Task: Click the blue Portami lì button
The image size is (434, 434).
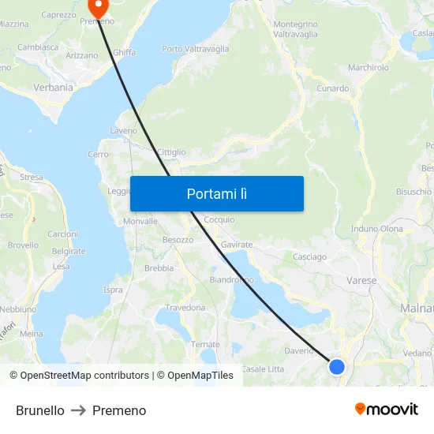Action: (216, 193)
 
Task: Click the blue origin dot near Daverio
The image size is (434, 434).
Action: (337, 366)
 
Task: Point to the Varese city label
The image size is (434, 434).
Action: (361, 280)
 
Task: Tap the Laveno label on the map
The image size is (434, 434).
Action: (124, 130)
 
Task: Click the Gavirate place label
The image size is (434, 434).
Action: (237, 245)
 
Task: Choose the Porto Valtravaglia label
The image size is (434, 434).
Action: (195, 49)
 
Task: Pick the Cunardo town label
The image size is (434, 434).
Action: (332, 88)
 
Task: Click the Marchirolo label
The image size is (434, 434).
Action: (369, 68)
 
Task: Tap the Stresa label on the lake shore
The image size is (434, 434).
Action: (32, 178)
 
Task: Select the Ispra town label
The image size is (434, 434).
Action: (113, 290)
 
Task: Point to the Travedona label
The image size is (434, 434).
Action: (185, 308)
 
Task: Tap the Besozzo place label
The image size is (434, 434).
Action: (178, 239)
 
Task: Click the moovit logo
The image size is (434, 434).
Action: (386, 410)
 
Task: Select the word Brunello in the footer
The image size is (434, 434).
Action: (40, 410)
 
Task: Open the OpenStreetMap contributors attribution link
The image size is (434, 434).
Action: (79, 376)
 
